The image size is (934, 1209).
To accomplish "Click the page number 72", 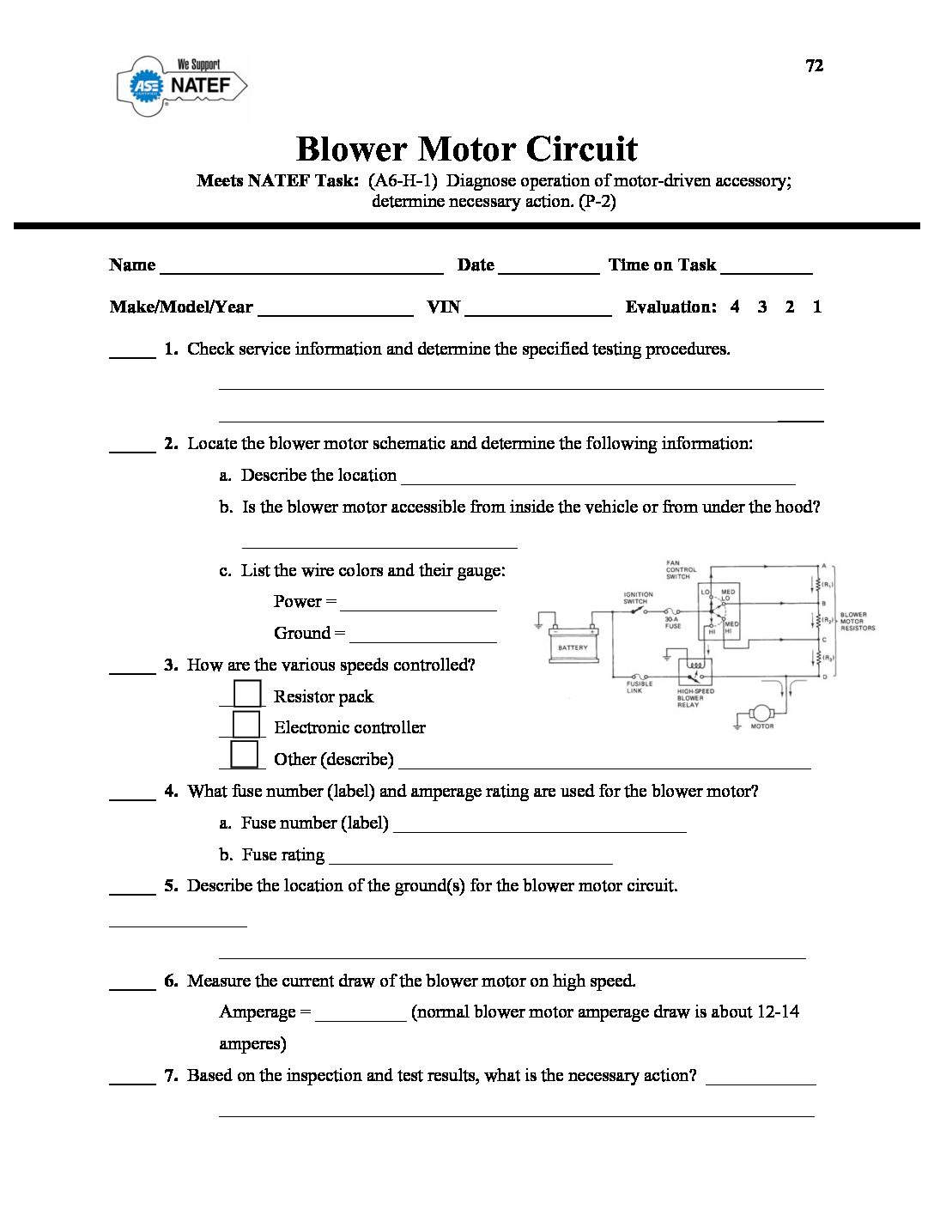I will (x=815, y=66).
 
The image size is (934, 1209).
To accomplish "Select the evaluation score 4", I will (x=735, y=307).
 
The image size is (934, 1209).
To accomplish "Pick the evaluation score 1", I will (x=817, y=307).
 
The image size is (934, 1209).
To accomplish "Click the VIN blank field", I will (x=537, y=309).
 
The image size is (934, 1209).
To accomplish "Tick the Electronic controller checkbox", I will (x=246, y=725).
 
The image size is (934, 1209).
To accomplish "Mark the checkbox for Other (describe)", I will (x=245, y=755).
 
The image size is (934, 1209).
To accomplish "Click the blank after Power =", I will (x=418, y=604).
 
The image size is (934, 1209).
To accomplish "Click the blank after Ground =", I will (x=423, y=635).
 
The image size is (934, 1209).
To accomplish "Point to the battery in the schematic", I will (x=573, y=645).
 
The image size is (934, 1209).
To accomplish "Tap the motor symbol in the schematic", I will (x=761, y=713).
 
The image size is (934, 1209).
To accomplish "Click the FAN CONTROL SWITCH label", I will (x=681, y=570).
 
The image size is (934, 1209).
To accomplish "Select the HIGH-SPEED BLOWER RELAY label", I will (x=695, y=698).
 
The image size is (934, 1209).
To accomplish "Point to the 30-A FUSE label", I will (x=672, y=622).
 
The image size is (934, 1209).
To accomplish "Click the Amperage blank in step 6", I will (x=361, y=1014).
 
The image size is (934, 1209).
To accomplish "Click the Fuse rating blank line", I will (x=470, y=857).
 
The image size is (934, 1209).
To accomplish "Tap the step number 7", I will (x=171, y=1076).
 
